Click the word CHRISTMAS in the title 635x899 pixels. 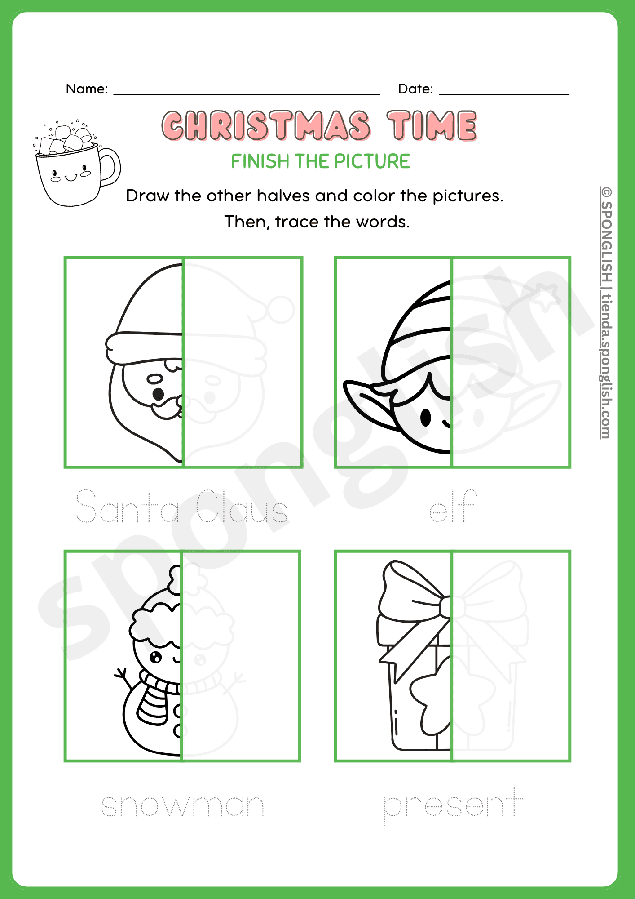(x=266, y=126)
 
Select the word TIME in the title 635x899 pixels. (x=432, y=126)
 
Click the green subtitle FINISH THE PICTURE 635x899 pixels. (x=320, y=161)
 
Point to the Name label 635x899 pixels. (x=87, y=89)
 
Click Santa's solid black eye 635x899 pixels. (x=158, y=394)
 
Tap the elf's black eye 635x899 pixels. (x=425, y=418)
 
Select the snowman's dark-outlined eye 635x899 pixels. (x=155, y=658)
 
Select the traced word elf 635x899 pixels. (x=453, y=508)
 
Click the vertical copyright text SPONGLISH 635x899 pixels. (x=606, y=238)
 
